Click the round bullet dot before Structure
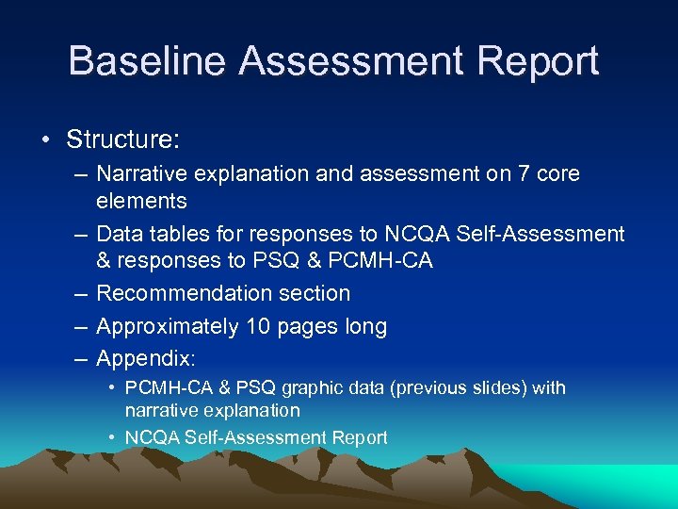[x=46, y=140]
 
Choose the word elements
[x=141, y=200]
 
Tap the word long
[x=366, y=327]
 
